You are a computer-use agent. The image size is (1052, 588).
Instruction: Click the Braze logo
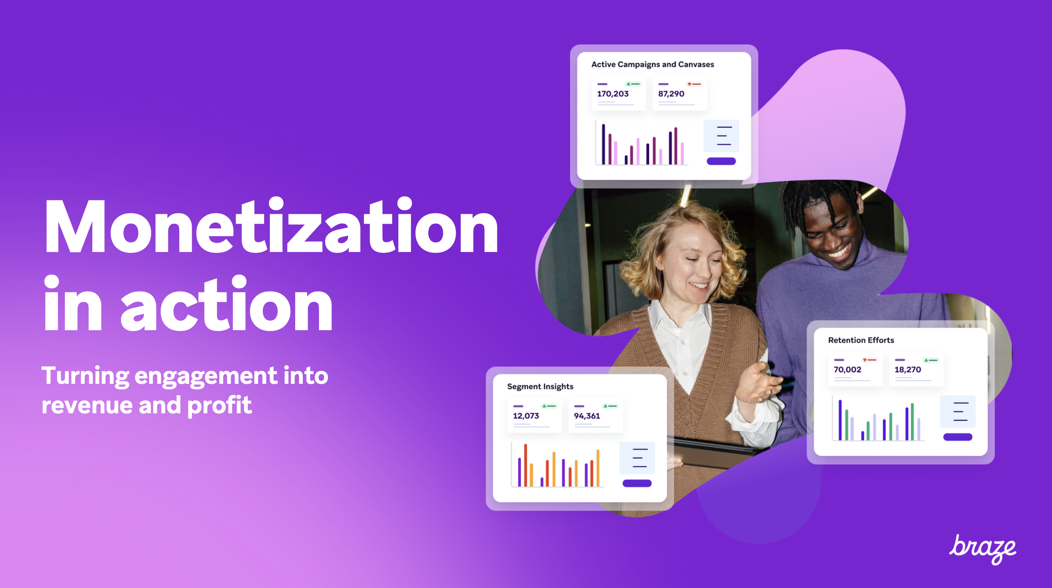tap(983, 549)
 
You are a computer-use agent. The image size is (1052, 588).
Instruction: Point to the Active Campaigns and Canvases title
tap(652, 64)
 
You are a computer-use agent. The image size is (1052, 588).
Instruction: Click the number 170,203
tap(612, 94)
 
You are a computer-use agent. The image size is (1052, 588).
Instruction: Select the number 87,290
tap(671, 94)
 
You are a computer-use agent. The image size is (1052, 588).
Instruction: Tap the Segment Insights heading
tap(540, 386)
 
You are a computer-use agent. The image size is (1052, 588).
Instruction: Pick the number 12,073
tap(526, 416)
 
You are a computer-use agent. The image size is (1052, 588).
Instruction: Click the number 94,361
tap(587, 416)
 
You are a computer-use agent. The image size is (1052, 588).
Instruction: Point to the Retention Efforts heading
tap(861, 340)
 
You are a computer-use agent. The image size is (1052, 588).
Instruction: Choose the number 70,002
tap(847, 370)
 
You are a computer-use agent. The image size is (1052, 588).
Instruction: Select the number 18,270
tap(908, 370)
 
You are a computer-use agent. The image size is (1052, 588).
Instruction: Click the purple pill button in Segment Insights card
tap(637, 483)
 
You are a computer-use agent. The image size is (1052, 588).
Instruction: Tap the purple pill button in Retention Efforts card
tap(958, 437)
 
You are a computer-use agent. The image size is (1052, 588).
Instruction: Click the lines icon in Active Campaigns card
tap(724, 136)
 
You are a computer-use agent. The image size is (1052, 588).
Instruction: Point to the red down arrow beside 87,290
tap(689, 84)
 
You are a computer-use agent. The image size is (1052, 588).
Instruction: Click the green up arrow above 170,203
tap(628, 84)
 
